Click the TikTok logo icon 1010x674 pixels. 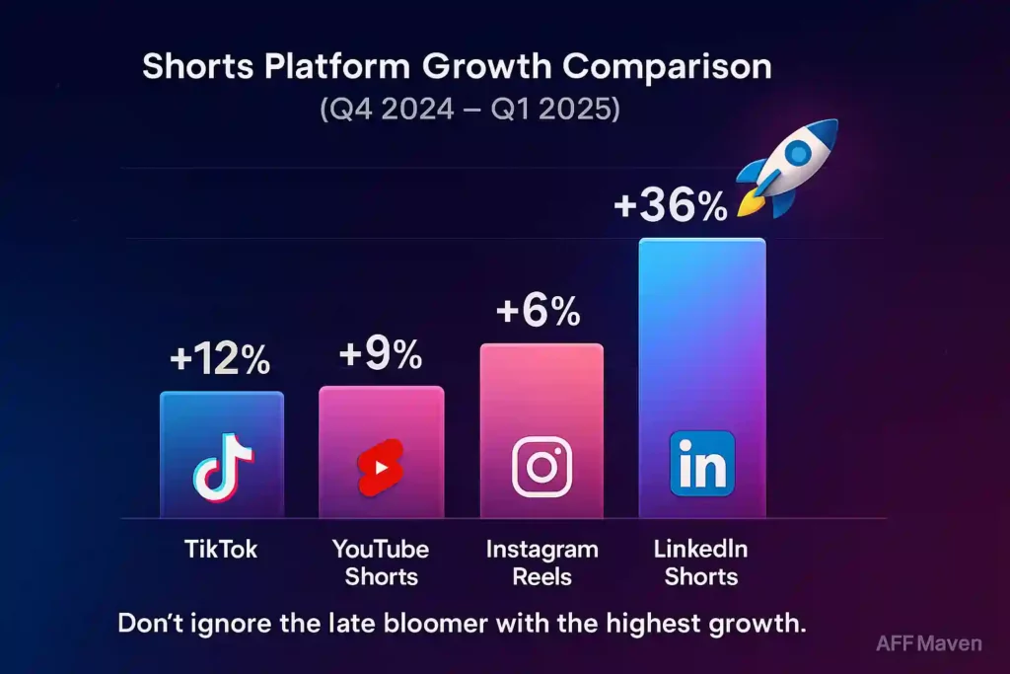[222, 468]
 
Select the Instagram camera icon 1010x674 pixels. [541, 466]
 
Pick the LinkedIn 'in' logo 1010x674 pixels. [701, 464]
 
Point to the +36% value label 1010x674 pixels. [670, 206]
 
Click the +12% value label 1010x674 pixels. [220, 361]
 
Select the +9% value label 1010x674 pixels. [381, 354]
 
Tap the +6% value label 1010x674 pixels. [539, 312]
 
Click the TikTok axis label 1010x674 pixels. [221, 550]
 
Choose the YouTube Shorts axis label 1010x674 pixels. [381, 562]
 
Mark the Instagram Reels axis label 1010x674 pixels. [541, 562]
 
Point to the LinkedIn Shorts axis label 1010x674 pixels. [701, 562]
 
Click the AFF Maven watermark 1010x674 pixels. [928, 643]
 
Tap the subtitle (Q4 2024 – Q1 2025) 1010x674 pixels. [469, 109]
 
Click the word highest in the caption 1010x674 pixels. [654, 624]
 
